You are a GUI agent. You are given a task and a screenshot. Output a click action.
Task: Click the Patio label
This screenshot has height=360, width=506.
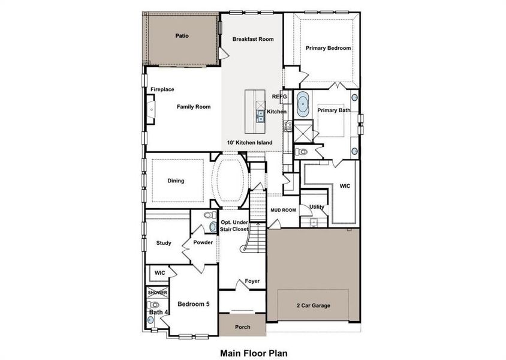tap(182, 36)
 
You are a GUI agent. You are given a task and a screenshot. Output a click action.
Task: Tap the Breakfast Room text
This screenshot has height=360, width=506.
tap(253, 39)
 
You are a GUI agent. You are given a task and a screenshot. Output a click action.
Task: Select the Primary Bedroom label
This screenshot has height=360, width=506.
tap(328, 48)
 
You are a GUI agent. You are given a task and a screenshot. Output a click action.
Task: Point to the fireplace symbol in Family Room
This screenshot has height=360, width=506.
tap(150, 110)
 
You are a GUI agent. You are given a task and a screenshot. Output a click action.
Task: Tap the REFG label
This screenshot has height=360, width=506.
tap(280, 96)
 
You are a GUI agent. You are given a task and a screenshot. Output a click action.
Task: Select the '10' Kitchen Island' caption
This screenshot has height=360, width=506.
tap(249, 143)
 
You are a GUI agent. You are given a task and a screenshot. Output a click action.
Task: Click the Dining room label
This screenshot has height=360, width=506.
tap(176, 181)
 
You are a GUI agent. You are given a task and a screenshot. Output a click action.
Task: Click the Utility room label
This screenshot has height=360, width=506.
tap(317, 207)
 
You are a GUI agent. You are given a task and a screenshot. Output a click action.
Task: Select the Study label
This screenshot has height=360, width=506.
tap(164, 243)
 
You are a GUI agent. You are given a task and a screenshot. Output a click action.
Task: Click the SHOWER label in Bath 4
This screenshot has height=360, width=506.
tap(158, 293)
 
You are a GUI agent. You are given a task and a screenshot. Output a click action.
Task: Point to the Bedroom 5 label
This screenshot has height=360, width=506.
tap(193, 304)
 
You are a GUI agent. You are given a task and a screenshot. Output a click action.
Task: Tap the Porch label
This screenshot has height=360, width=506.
tap(242, 327)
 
